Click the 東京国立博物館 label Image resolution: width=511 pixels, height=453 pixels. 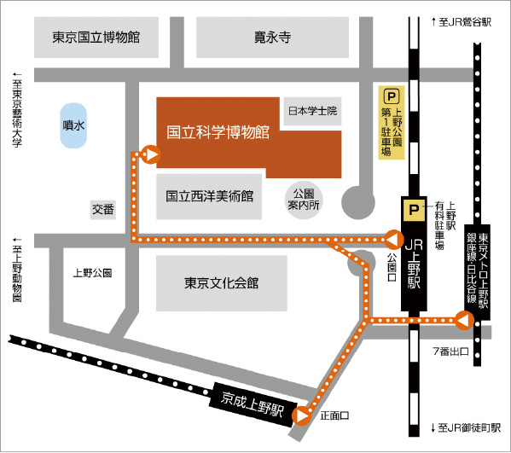[x=96, y=38]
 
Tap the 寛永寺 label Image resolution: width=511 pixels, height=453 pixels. [x=273, y=38]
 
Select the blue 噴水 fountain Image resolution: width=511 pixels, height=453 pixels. [x=73, y=125]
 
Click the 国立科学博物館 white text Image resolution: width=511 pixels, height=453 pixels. [x=218, y=133]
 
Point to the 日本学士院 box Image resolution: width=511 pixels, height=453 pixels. [x=313, y=111]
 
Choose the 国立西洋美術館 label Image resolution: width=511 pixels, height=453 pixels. [x=211, y=195]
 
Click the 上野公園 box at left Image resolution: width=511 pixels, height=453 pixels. [x=93, y=274]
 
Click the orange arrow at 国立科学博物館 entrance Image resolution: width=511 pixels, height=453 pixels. [x=151, y=154]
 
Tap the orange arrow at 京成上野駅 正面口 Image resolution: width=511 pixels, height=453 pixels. [x=301, y=415]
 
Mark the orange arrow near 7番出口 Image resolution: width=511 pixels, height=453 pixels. [x=462, y=321]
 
